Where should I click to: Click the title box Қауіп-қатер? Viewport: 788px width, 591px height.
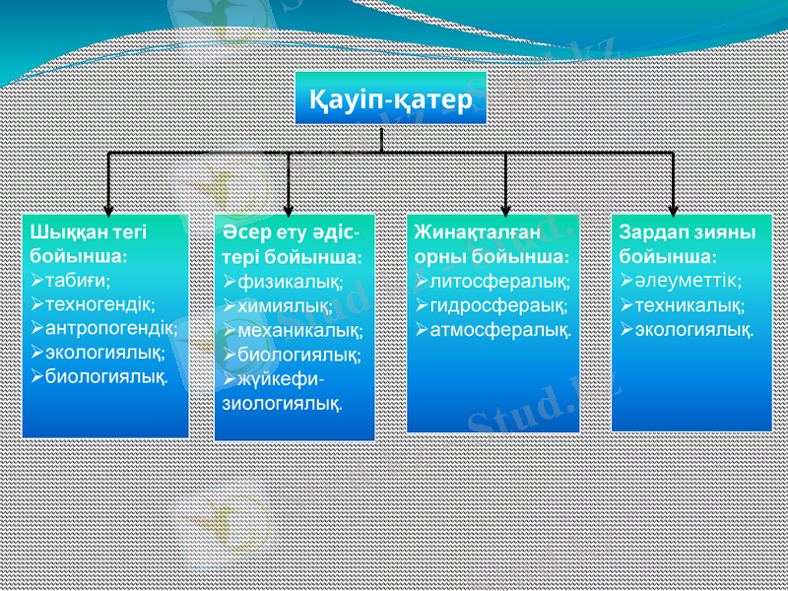click(391, 99)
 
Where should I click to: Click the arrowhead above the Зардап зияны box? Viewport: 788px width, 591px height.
click(673, 207)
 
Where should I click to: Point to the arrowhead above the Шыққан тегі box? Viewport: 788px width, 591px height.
click(107, 207)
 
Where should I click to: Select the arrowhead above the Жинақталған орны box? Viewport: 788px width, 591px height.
click(505, 207)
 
